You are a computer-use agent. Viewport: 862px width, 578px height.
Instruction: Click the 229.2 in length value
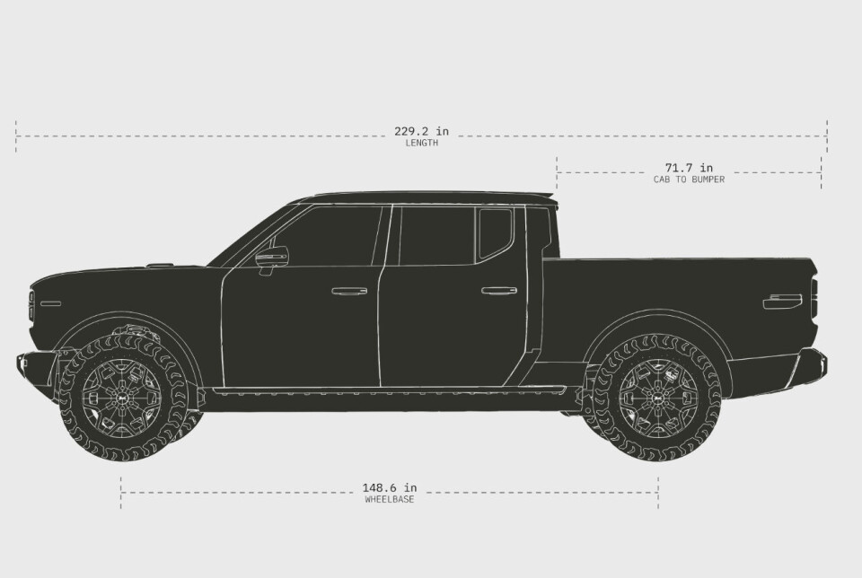tap(421, 131)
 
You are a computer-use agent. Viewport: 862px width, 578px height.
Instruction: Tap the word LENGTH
tap(422, 143)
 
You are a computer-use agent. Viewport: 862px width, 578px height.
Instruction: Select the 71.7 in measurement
tap(689, 168)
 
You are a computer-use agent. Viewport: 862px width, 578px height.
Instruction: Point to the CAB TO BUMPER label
tap(689, 180)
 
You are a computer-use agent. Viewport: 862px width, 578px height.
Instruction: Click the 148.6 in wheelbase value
tap(389, 487)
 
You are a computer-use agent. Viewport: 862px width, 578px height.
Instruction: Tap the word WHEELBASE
tap(389, 499)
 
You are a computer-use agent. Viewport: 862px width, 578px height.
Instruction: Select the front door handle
tap(349, 291)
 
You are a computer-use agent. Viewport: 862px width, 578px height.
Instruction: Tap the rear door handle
tap(499, 291)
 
